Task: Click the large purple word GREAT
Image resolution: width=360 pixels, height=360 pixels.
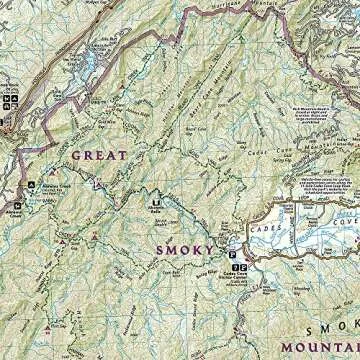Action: [x=99, y=155]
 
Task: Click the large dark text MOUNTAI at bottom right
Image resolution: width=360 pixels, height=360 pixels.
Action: [x=318, y=347]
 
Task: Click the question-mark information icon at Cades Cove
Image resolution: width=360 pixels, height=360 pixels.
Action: [x=234, y=269]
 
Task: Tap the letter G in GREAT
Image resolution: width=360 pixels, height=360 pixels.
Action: [x=74, y=155]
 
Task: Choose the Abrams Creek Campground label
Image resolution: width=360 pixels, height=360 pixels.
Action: [x=46, y=189]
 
